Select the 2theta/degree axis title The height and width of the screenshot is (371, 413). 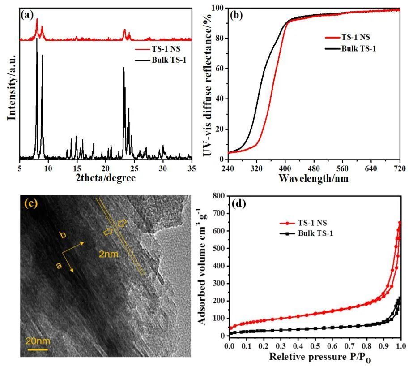point(106,177)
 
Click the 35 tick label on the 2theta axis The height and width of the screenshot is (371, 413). point(192,168)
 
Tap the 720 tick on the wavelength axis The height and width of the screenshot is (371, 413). point(400,168)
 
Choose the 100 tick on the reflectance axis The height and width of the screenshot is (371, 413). point(217,9)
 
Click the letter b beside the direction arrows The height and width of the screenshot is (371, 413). point(64,234)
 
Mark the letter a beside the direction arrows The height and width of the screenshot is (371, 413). point(58,265)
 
